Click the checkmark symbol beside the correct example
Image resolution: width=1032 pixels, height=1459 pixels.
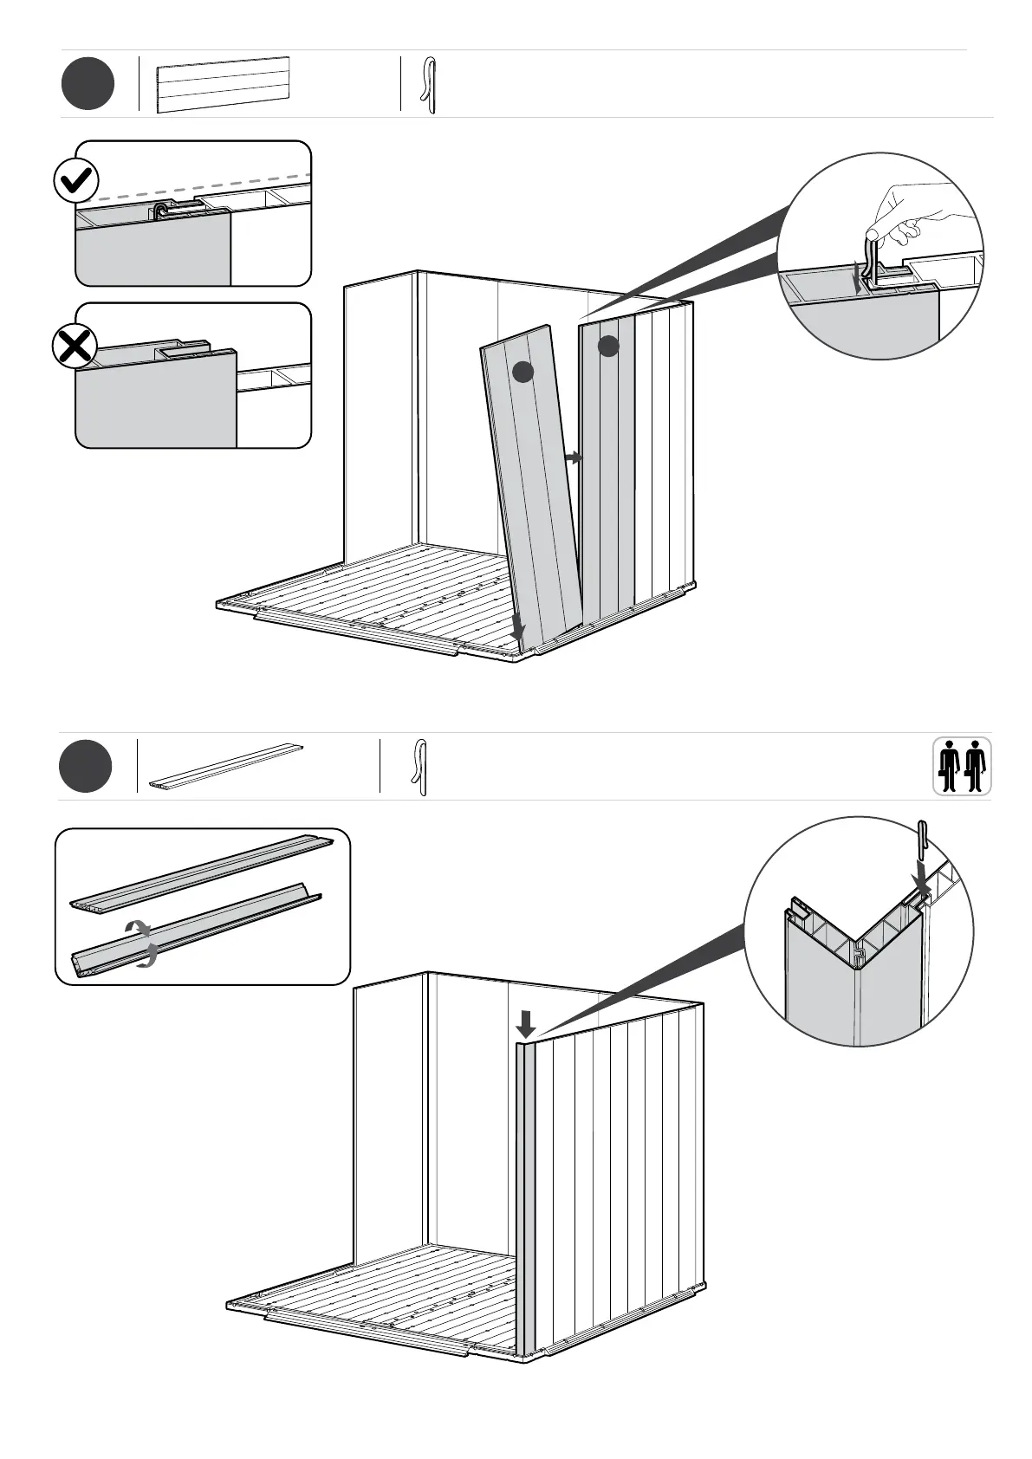click(x=76, y=181)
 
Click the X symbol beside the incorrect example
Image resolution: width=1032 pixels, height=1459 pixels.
click(x=75, y=347)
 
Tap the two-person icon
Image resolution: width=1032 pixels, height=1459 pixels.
click(x=962, y=766)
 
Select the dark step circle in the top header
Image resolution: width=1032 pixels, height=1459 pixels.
click(x=88, y=84)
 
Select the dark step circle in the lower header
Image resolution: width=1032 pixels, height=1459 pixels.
click(x=86, y=767)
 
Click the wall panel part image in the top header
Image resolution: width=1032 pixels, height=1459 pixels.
click(x=223, y=84)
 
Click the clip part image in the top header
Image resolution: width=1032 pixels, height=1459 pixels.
click(x=428, y=85)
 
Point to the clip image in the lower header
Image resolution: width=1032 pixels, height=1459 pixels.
click(x=420, y=767)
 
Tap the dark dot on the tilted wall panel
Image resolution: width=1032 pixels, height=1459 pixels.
click(x=522, y=373)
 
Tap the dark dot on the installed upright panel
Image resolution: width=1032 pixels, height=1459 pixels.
click(x=608, y=346)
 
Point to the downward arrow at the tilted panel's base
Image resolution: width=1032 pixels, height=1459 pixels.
click(x=517, y=626)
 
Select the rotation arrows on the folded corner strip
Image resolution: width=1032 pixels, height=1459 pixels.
click(x=140, y=943)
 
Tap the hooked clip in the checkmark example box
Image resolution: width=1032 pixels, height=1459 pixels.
click(x=162, y=211)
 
